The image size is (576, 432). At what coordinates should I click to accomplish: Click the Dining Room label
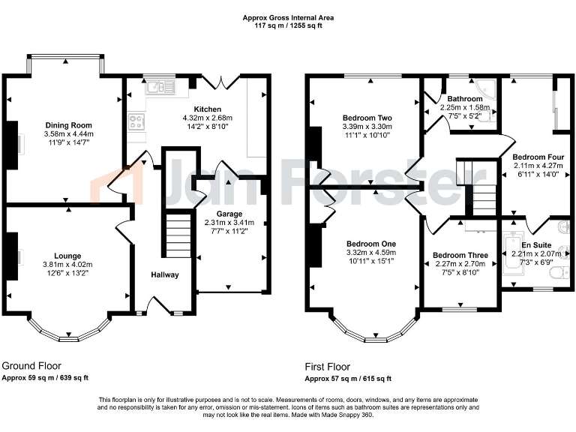pos(68,124)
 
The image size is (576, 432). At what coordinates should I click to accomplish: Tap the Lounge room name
pos(67,256)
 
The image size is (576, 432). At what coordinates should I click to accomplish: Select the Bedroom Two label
pos(367,118)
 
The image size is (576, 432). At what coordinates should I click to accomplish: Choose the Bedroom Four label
pos(533,157)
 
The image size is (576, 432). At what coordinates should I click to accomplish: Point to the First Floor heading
pos(327,367)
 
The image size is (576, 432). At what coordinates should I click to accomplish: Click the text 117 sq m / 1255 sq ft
pos(289,25)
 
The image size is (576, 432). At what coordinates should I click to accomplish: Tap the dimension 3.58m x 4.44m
pos(68,133)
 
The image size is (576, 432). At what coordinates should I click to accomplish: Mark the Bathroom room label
pos(465,99)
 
